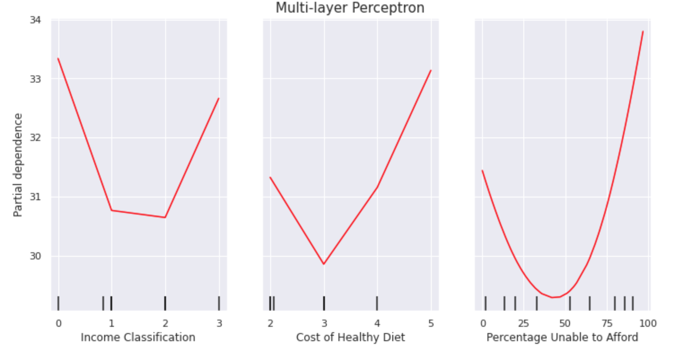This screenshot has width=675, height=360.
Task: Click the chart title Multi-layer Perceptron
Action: [350, 8]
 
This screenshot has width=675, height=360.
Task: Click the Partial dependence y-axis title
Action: [18, 165]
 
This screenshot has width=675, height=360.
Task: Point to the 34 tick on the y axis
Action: [35, 20]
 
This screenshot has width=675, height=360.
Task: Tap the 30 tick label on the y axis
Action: [35, 256]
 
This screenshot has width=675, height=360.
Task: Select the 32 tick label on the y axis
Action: [35, 138]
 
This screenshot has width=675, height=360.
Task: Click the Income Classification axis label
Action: [138, 338]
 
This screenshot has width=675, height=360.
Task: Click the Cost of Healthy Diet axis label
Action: [350, 338]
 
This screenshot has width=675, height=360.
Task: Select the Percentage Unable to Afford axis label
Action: [562, 338]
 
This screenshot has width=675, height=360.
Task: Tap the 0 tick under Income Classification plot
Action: [58, 323]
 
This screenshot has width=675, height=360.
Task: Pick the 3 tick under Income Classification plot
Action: [219, 323]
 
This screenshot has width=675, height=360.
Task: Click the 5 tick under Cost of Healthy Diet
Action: [431, 323]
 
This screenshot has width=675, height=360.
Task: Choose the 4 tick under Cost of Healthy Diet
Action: [377, 323]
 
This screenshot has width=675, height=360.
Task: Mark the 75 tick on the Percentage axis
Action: [607, 323]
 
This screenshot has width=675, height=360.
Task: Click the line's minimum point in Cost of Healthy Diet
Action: [324, 264]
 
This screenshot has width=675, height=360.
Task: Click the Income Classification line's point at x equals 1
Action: [111, 210]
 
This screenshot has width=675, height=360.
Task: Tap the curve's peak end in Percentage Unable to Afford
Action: [643, 31]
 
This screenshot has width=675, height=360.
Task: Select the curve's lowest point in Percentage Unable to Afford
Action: [553, 297]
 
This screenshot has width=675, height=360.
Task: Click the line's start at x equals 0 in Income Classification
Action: [58, 58]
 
